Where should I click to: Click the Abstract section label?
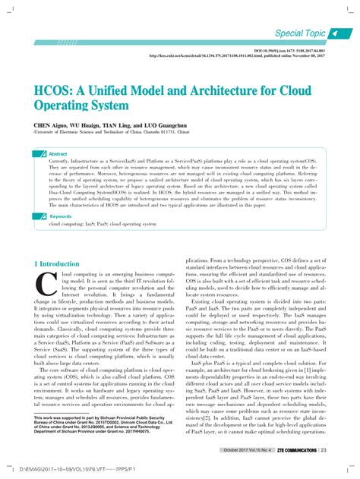(x=58, y=153)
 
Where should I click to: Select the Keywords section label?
(x=60, y=216)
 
